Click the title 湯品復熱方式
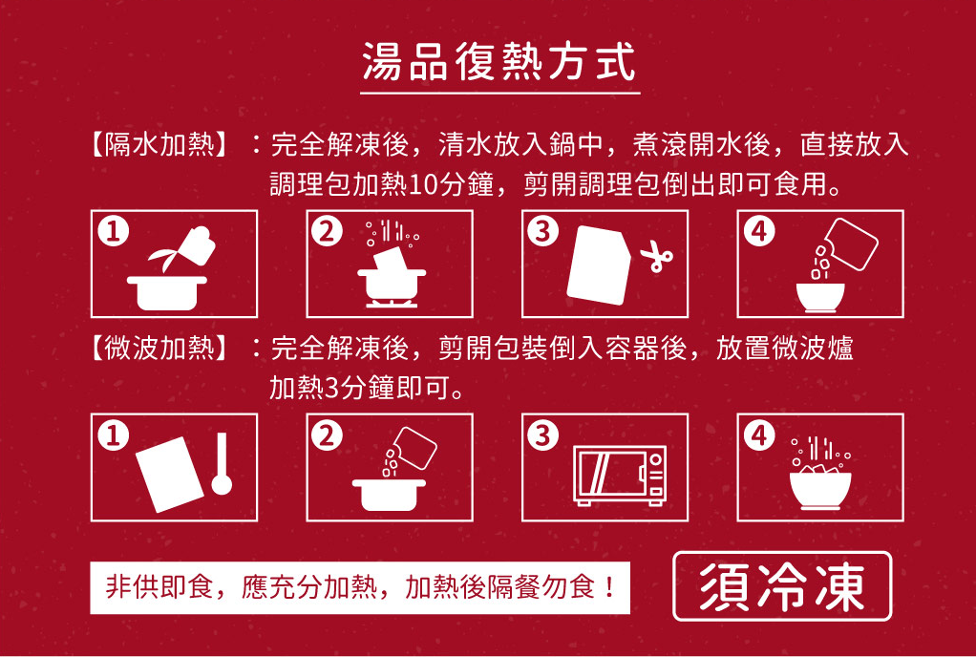[499, 62]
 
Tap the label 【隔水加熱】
[158, 145]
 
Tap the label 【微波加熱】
[158, 350]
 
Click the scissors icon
[656, 258]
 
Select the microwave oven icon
[620, 475]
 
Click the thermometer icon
[221, 463]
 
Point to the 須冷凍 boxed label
[782, 586]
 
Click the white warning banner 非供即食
[360, 587]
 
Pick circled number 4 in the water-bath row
[759, 231]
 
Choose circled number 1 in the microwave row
[113, 435]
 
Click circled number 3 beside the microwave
[543, 435]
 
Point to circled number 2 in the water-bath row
[328, 231]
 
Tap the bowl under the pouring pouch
[820, 297]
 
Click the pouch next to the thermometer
[169, 474]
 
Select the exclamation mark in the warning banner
[609, 587]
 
